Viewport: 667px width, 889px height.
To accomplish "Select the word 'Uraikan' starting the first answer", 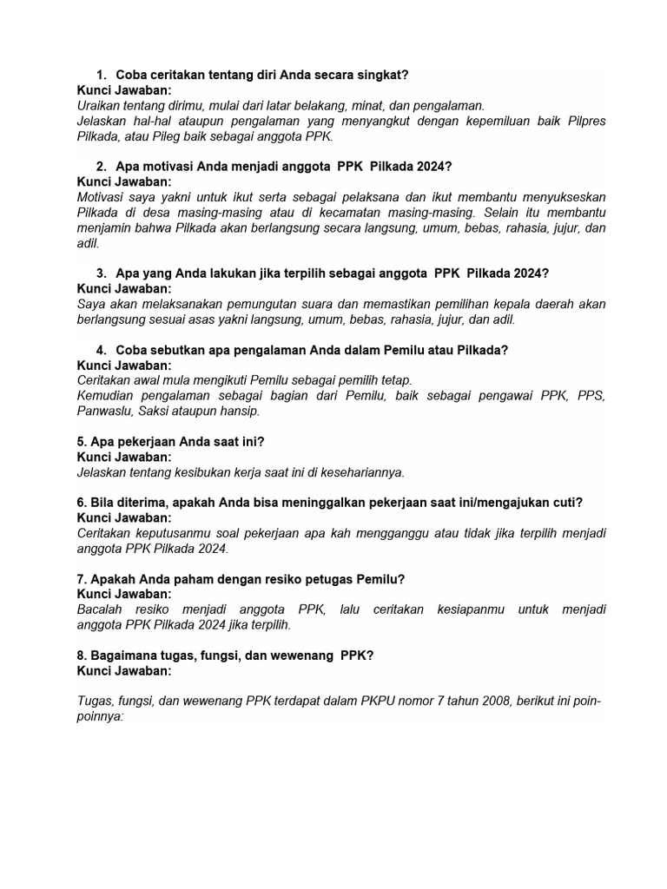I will (100, 105).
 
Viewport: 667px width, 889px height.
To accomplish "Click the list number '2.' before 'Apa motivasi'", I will (102, 166).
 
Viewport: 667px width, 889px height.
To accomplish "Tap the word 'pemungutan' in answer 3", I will (262, 304).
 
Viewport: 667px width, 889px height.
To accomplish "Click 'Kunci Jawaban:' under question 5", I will (124, 457).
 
